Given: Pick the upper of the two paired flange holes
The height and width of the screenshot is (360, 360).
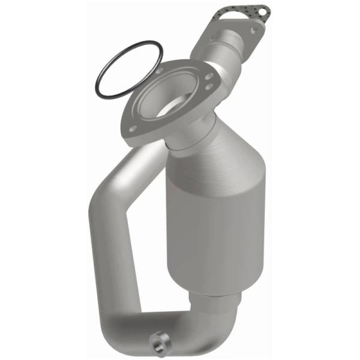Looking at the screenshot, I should [205, 76].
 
